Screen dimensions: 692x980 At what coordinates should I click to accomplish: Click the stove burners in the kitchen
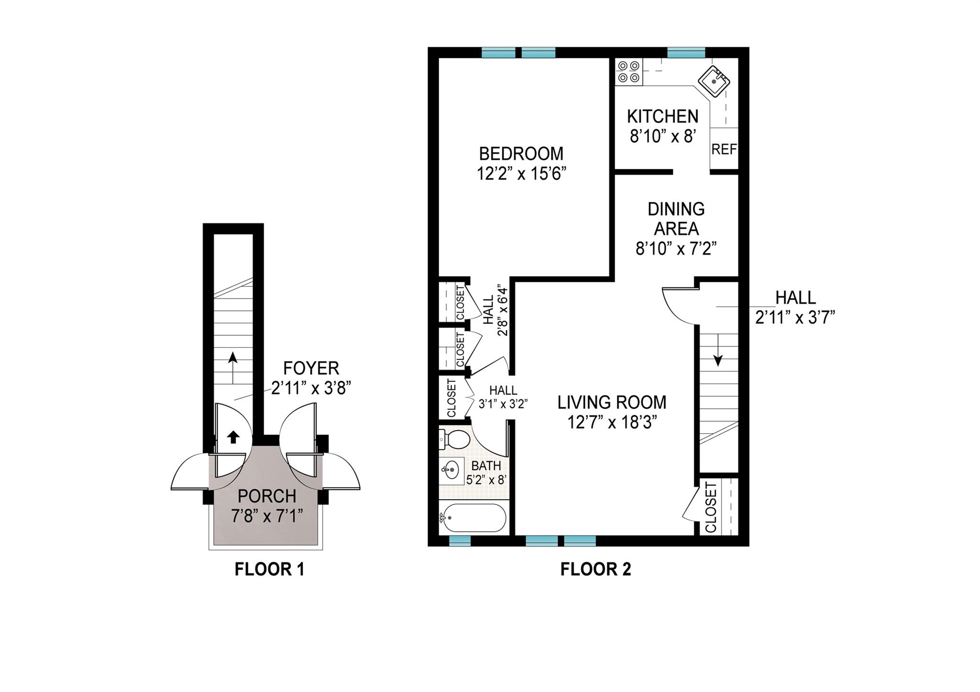[628, 71]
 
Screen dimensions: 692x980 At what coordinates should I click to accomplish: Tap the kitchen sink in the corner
[713, 81]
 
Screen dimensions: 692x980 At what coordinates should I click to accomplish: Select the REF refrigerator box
[724, 149]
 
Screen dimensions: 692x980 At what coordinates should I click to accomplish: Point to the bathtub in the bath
[473, 518]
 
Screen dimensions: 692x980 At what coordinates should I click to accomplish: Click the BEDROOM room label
[521, 154]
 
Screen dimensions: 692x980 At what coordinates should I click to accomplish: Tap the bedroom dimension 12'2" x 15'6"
[521, 174]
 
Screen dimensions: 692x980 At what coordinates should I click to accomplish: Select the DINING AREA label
[676, 219]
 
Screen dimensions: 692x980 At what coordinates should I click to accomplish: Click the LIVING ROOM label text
[612, 402]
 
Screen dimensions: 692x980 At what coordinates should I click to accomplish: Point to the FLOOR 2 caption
[595, 569]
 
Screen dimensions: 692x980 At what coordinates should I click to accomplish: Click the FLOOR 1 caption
[269, 569]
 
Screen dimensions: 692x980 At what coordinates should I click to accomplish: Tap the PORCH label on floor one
[267, 496]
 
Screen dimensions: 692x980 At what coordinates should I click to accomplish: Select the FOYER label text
[311, 368]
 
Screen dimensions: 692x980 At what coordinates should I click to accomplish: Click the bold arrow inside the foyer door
[233, 436]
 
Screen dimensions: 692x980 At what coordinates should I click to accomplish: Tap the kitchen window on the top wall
[686, 52]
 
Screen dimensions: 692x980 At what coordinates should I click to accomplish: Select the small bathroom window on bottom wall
[460, 541]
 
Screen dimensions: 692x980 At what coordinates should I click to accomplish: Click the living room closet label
[711, 507]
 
